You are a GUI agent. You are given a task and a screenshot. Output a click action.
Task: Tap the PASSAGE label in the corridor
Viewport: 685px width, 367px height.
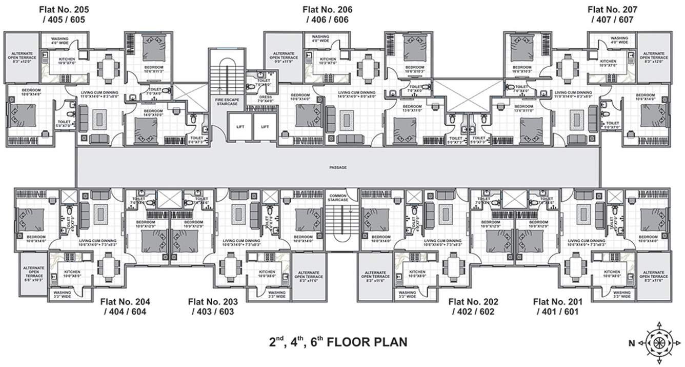pyautogui.click(x=338, y=167)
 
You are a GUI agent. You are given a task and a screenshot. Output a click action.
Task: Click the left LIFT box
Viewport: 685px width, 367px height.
pyautogui.click(x=240, y=126)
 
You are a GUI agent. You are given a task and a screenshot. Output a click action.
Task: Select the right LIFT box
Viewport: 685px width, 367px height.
pyautogui.click(x=265, y=126)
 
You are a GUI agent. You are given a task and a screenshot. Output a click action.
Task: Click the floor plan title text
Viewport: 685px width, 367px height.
pyautogui.click(x=338, y=341)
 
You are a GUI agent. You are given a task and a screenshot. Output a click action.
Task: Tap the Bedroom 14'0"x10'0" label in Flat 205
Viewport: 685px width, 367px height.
pyautogui.click(x=153, y=113)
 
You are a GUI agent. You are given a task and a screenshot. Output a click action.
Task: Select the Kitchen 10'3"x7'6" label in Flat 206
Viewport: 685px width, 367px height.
pyautogui.click(x=328, y=61)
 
